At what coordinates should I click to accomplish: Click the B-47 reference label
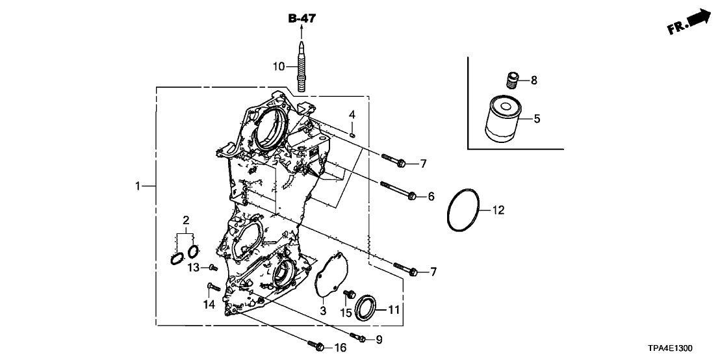point(302,19)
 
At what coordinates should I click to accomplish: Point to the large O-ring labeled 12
point(463,211)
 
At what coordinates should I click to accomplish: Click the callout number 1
point(137,187)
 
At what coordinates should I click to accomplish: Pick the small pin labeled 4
point(351,135)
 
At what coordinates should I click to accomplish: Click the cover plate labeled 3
point(331,276)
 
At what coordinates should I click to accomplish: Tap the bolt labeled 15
point(347,296)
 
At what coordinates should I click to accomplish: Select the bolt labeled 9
point(358,337)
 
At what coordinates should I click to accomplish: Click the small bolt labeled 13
point(212,267)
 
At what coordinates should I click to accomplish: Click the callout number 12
point(497,210)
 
